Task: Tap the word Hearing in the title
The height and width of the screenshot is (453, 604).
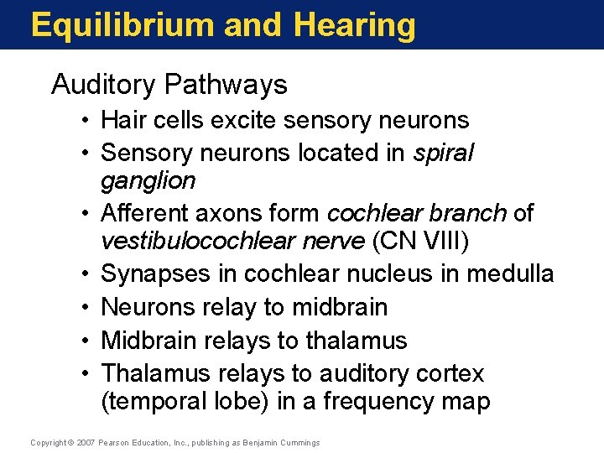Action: (355, 25)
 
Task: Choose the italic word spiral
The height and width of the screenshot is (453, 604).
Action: (444, 153)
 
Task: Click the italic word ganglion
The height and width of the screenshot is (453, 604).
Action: (148, 180)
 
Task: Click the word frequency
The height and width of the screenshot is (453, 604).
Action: (367, 402)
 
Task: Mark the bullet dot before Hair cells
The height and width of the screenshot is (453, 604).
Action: (86, 121)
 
